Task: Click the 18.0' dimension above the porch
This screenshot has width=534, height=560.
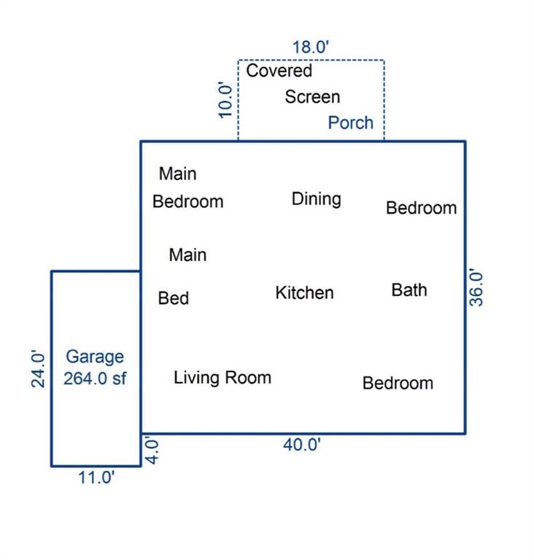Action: pos(310,47)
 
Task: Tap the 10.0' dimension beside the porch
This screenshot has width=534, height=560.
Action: pos(225,100)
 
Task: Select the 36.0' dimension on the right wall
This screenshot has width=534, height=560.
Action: pos(476,287)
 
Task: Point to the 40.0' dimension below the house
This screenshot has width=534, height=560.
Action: pos(302,445)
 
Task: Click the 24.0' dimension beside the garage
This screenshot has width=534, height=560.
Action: pos(38,369)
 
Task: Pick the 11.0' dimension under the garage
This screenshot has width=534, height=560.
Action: pos(96,478)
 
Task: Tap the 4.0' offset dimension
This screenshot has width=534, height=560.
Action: pos(152,451)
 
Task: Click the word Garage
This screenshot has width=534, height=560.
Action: pos(95,357)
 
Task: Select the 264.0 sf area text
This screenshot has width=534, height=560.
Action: pos(95,378)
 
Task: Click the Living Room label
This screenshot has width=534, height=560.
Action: pos(222,378)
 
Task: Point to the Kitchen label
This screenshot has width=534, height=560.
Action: pos(304,293)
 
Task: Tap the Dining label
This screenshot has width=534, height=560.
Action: pos(317,199)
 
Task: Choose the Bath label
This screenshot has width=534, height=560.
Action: pos(409,290)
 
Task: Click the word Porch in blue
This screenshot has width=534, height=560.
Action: pos(351,122)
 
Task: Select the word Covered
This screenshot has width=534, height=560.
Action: pos(279,70)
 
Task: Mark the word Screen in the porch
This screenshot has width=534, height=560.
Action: pos(312,97)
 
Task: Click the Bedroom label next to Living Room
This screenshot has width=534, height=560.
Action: pos(398,384)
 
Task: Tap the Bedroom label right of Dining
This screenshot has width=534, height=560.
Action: pos(422,208)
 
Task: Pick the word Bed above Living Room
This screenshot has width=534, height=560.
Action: pos(174,298)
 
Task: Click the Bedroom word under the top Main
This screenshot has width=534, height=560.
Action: pos(188,201)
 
